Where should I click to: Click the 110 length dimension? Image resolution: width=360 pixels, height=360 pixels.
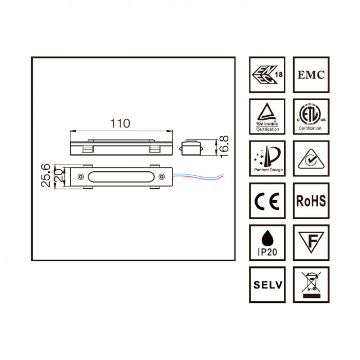(120, 123)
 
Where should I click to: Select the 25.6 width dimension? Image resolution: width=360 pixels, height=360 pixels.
(45, 176)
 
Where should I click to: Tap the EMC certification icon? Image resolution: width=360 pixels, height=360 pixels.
(311, 75)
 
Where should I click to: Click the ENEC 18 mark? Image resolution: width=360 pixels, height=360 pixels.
(267, 75)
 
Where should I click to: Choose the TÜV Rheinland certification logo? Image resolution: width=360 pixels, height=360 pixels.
(267, 117)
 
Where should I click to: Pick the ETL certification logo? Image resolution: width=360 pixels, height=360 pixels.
(311, 117)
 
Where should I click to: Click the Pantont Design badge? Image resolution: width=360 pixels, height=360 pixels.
(267, 158)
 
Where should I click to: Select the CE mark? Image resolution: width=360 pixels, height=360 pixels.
(267, 201)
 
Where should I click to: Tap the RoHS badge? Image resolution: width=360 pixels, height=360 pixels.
(311, 201)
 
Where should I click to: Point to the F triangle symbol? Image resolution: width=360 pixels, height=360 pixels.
(311, 242)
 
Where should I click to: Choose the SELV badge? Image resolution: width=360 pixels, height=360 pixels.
(267, 285)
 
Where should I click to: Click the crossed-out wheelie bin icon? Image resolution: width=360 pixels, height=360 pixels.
(311, 285)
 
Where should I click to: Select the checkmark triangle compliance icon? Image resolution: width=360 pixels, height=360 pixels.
(311, 158)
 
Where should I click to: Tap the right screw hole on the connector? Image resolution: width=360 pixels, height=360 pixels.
(162, 176)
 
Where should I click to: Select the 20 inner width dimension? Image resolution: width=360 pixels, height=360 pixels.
(59, 176)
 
